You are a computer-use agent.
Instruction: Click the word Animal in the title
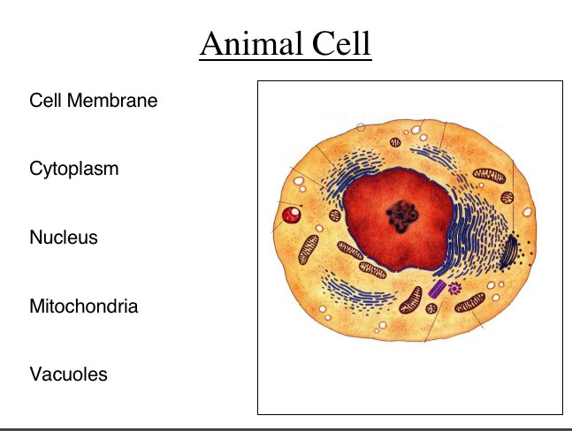pos(249,44)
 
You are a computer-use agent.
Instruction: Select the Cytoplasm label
pos(74,169)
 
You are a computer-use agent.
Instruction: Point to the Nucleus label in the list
pos(63,238)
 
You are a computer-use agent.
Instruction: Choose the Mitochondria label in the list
pos(84,307)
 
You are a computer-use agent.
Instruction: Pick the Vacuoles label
pos(68,374)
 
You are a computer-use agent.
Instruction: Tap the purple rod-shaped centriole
pos(437,288)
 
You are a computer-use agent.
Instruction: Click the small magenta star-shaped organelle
pos(455,288)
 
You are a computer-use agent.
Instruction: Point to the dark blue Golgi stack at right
pos(511,254)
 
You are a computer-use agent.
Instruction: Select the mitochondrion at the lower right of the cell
pos(467,306)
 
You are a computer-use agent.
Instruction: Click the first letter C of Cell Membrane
pos(34,101)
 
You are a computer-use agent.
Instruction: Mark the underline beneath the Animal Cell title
pos(286,60)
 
